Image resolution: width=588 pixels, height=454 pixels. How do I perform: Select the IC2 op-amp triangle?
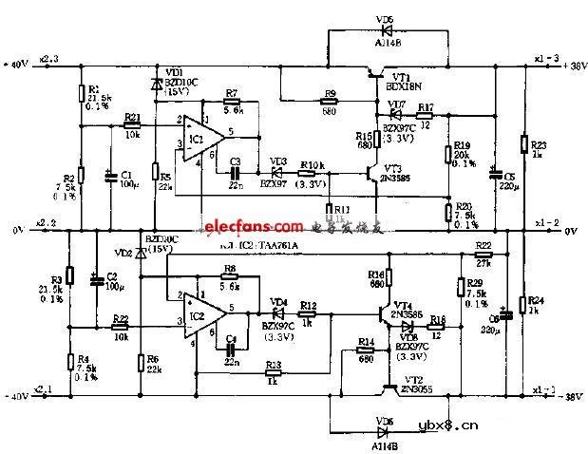click(x=200, y=313)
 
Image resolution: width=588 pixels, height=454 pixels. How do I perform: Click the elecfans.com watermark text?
click(x=251, y=227)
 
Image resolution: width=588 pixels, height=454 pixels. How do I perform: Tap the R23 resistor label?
click(x=538, y=144)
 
